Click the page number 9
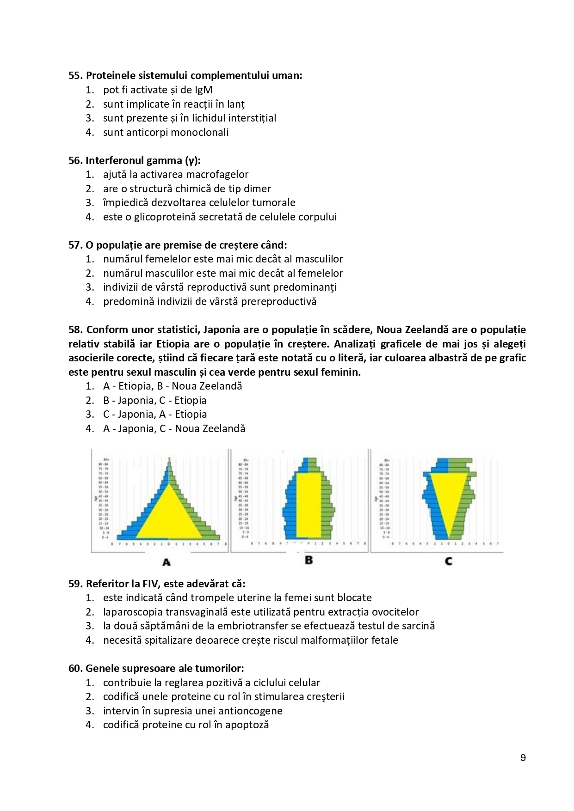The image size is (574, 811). [523, 758]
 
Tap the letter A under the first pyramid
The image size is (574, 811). [167, 562]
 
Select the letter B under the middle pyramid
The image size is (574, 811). [309, 560]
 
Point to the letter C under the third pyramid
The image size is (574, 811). [448, 561]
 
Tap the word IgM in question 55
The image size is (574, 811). [204, 90]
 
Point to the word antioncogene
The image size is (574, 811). [250, 711]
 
